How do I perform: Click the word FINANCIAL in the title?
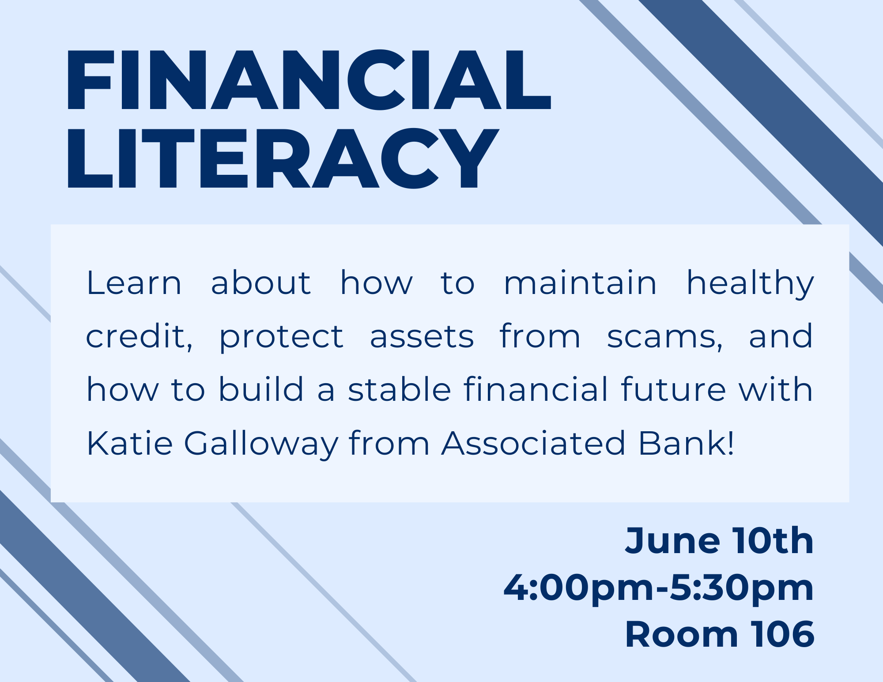click(x=309, y=80)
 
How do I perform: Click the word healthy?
click(x=750, y=285)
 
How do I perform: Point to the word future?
click(x=673, y=389)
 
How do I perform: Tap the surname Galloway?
click(x=261, y=445)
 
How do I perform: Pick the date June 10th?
click(x=720, y=541)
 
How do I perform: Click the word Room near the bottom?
click(x=682, y=635)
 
